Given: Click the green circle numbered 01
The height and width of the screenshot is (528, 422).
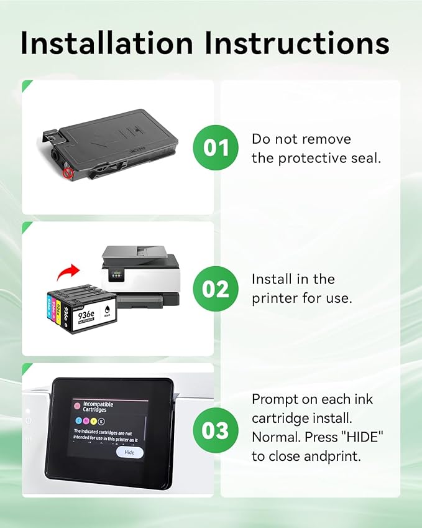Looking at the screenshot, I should coord(216,147).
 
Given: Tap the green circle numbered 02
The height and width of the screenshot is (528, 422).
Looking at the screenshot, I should coord(216,289).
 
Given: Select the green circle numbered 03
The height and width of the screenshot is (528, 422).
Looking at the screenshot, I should coord(216,430).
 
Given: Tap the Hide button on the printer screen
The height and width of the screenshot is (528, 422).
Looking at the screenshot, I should coord(129,453).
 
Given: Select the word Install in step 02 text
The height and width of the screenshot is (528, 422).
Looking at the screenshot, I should coord(272,279).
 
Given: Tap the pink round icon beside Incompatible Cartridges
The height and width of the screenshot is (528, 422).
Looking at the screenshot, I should coord(76,405).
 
